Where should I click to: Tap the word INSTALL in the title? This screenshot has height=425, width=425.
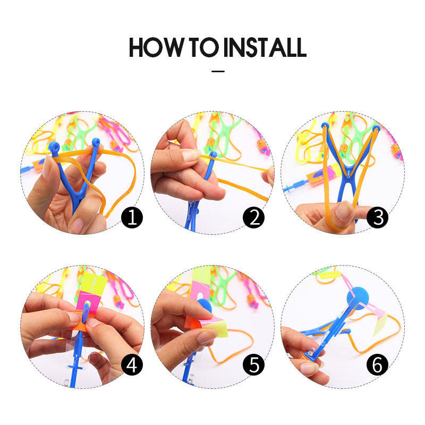pyautogui.click(x=265, y=47)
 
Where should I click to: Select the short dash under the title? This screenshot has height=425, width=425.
pyautogui.click(x=218, y=71)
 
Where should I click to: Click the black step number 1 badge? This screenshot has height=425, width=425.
pyautogui.click(x=132, y=217)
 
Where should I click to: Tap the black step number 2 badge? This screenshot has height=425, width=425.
pyautogui.click(x=254, y=217)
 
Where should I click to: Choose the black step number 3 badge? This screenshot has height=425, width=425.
pyautogui.click(x=378, y=217)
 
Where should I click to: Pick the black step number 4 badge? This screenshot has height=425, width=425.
pyautogui.click(x=132, y=364)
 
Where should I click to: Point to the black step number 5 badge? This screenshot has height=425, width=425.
pyautogui.click(x=254, y=364)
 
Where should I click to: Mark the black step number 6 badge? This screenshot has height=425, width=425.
pyautogui.click(x=378, y=364)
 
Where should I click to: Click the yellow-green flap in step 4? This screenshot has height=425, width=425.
pyautogui.click(x=95, y=283)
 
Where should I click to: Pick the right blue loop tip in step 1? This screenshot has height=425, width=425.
pyautogui.click(x=96, y=142)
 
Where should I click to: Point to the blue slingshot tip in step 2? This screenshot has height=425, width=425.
pyautogui.click(x=214, y=155)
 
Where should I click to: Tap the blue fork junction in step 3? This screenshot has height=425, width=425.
pyautogui.click(x=348, y=176)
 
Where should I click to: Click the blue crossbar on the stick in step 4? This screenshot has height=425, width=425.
pyautogui.click(x=75, y=367)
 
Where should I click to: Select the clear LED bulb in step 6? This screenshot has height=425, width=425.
pyautogui.click(x=311, y=352)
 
